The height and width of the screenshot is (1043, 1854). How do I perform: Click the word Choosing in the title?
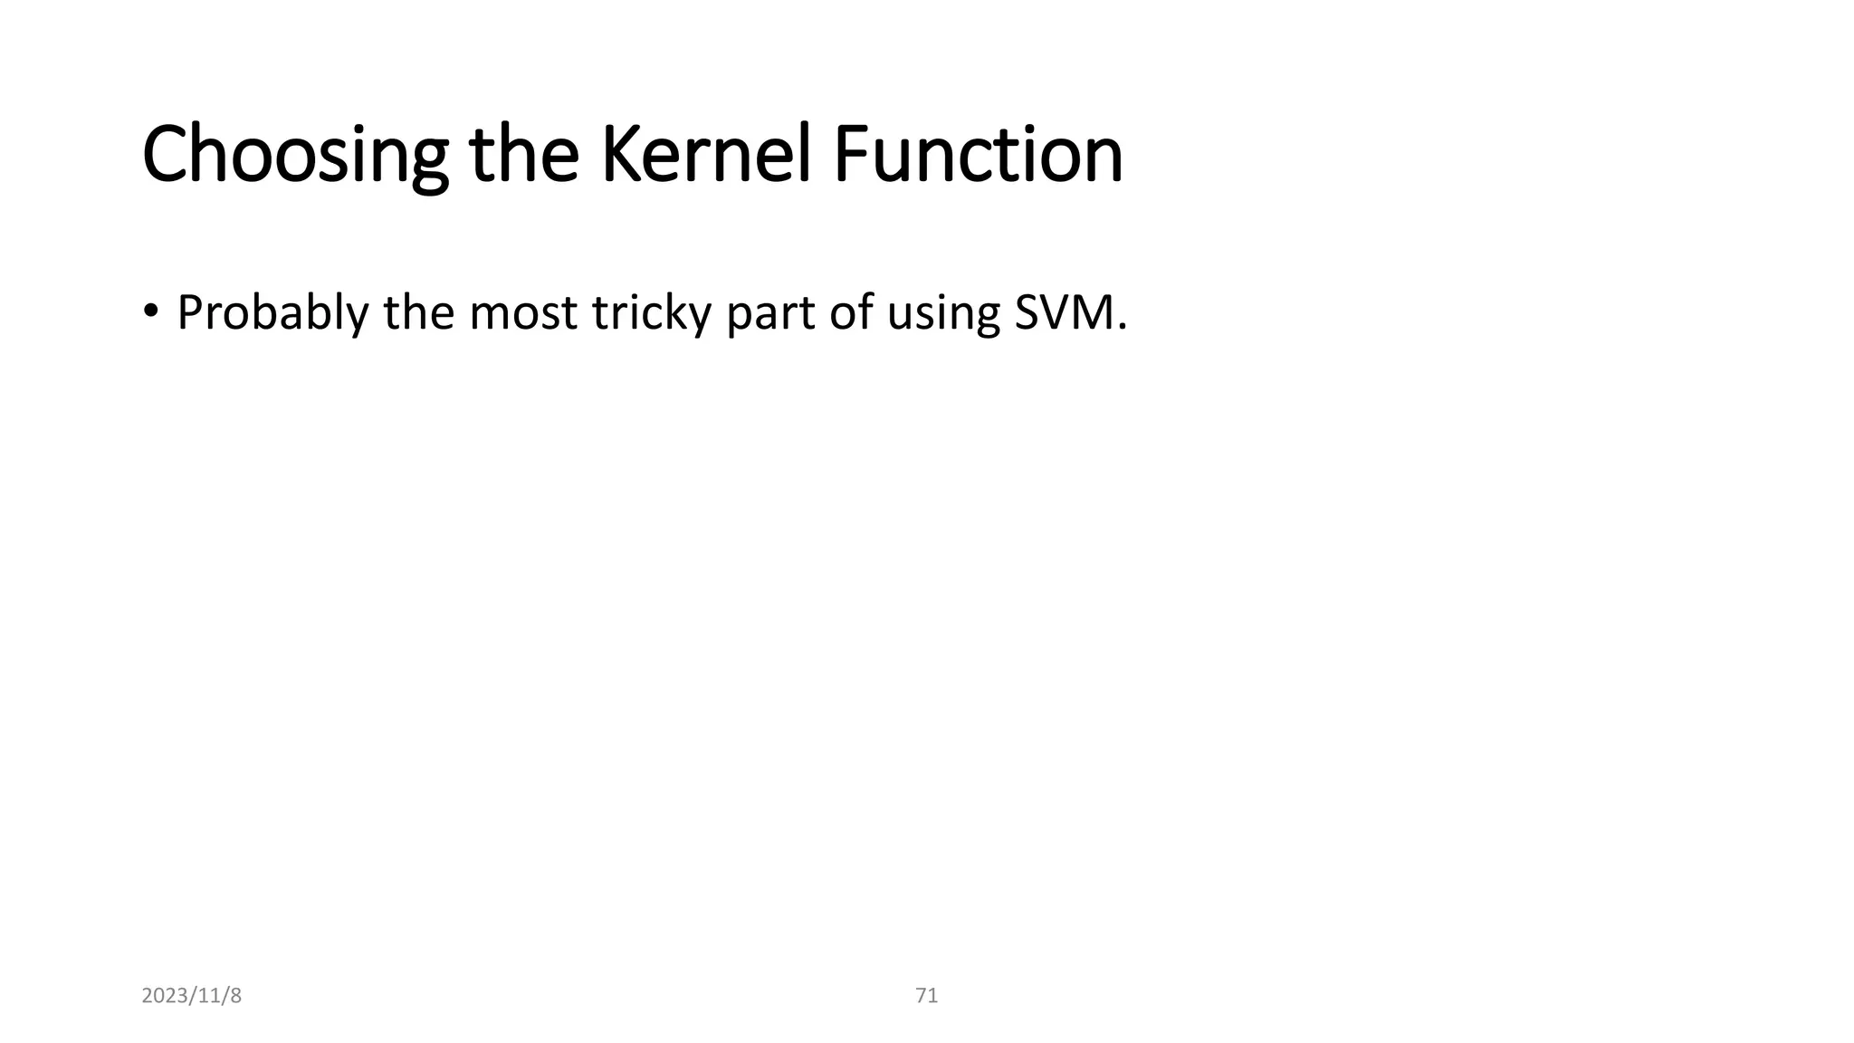tap(295, 155)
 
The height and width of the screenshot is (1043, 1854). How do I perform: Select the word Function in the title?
tap(978, 155)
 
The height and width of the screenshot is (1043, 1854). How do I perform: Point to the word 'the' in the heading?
tap(523, 155)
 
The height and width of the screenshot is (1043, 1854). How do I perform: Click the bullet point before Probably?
tap(150, 311)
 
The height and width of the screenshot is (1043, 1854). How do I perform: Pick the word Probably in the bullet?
tap(272, 313)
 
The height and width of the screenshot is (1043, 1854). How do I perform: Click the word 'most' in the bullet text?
tap(522, 313)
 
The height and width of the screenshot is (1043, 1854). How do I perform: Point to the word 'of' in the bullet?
tap(851, 313)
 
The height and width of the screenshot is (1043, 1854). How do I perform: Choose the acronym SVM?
tap(1064, 313)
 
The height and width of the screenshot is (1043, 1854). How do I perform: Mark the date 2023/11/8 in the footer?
tap(192, 996)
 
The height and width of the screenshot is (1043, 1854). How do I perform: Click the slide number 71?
tap(927, 996)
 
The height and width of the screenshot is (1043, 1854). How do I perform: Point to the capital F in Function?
tap(850, 155)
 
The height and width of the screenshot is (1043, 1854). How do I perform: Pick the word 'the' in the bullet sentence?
tap(417, 313)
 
